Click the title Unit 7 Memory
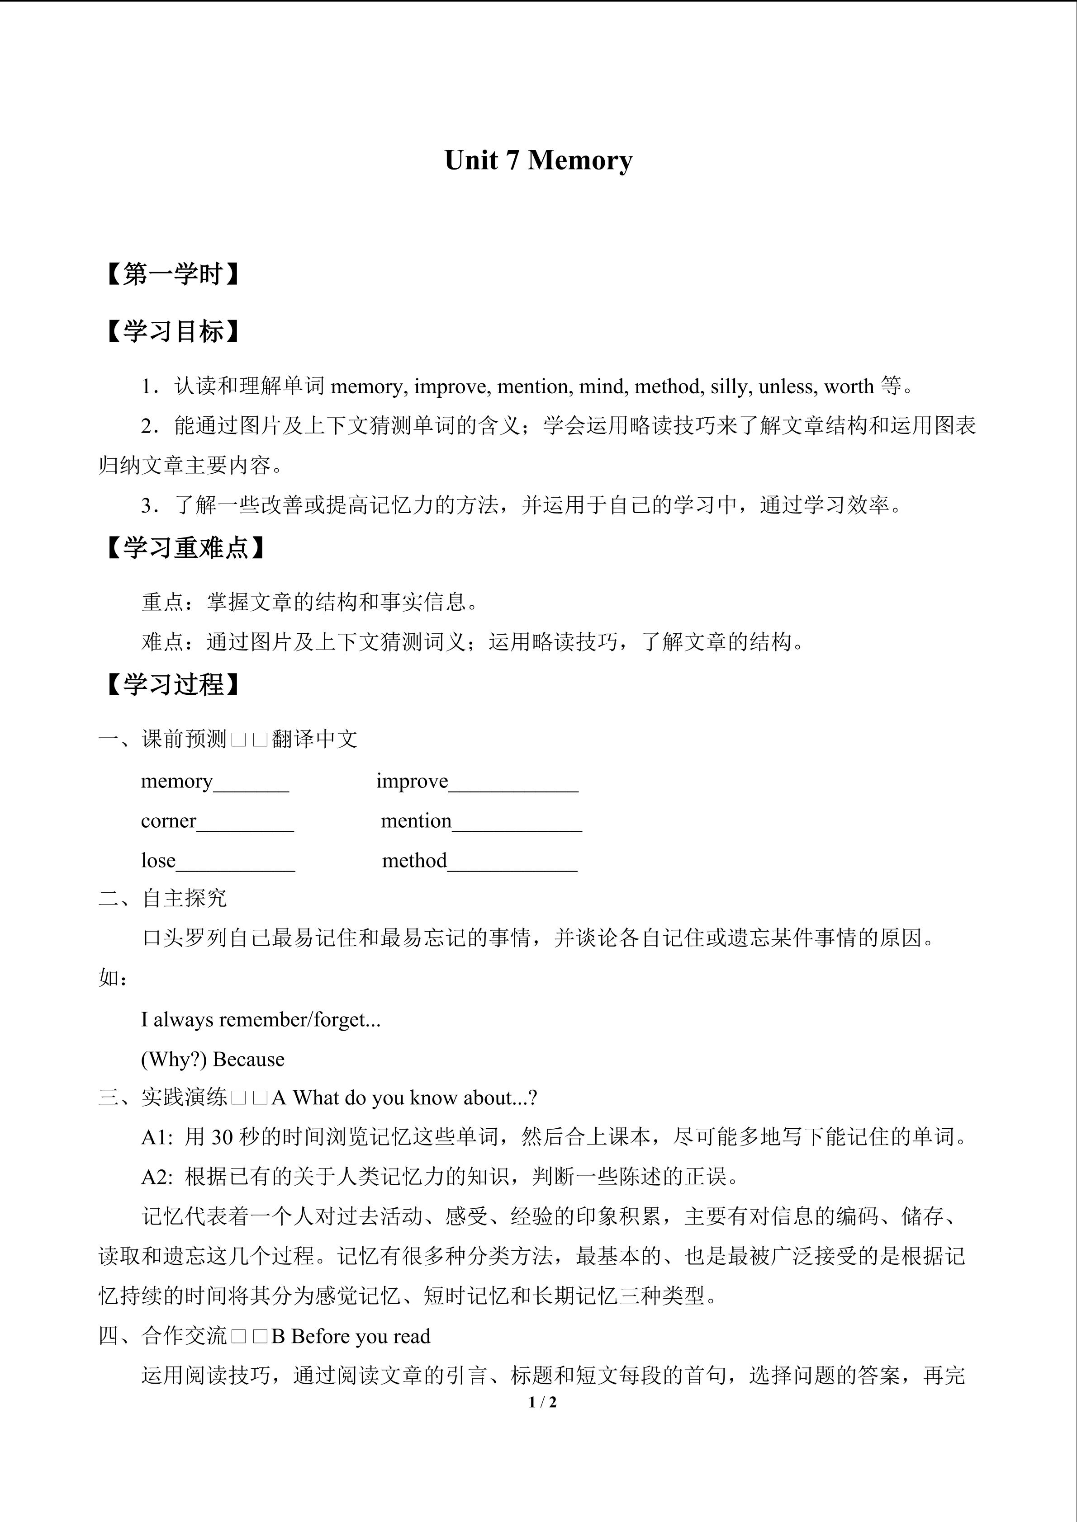538,160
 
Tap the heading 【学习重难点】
185,548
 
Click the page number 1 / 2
542,1402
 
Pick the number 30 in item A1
222,1137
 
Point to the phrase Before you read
361,1336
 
